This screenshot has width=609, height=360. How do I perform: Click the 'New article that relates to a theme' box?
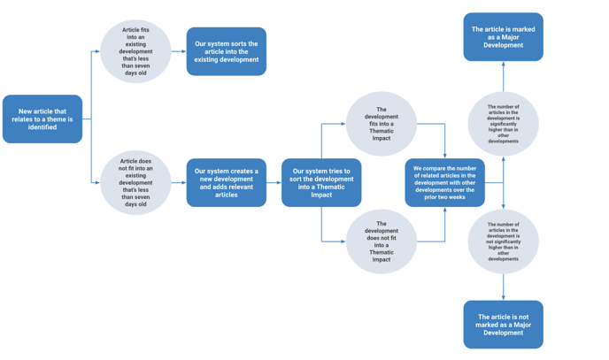pos(42,119)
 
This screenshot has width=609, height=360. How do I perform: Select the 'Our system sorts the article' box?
pos(227,51)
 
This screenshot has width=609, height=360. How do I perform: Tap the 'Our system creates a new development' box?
pos(227,183)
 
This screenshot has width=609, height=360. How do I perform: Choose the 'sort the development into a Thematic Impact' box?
pos(321,183)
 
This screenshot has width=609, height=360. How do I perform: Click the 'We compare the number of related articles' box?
pos(444,183)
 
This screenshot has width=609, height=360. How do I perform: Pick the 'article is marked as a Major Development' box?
pos(504,37)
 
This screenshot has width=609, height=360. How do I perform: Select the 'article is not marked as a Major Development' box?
pos(504,325)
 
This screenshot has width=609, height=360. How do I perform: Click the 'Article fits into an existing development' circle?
pos(135,51)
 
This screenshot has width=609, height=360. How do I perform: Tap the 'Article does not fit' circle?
pos(135,183)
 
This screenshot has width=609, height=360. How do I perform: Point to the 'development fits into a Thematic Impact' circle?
pos(382,124)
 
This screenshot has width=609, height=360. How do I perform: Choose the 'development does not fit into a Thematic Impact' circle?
pos(382,241)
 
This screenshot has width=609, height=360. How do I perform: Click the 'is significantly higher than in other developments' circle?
pos(504,124)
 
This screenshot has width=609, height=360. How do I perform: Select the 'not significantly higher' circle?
pos(504,241)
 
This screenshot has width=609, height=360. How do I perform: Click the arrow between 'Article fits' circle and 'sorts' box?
pos(179,51)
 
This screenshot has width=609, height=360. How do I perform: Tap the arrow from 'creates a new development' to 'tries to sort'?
pos(274,183)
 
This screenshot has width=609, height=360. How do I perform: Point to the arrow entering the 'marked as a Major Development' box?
pos(504,76)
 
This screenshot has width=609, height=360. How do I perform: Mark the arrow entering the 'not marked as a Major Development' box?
pos(504,287)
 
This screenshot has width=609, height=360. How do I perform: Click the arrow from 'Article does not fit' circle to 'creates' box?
pos(179,183)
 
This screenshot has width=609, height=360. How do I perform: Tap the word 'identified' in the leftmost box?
pos(42,127)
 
